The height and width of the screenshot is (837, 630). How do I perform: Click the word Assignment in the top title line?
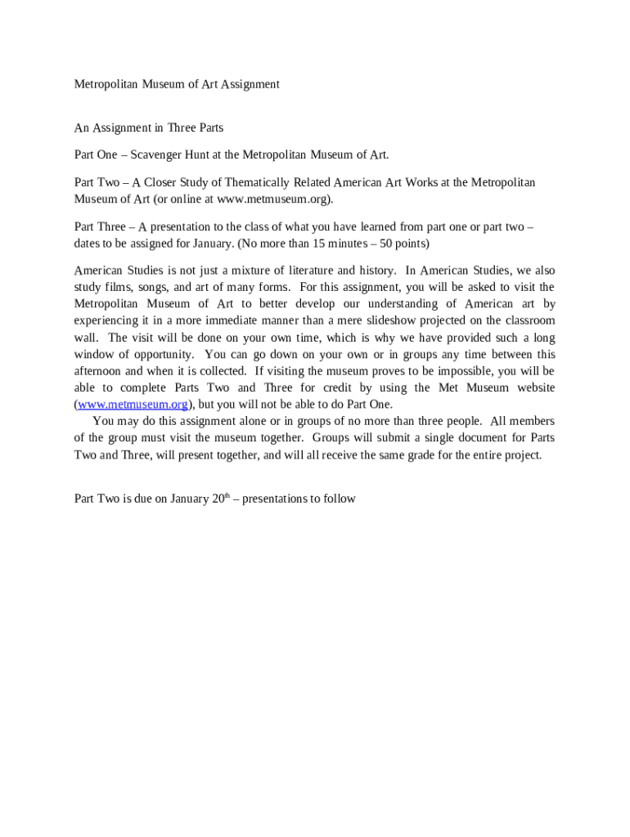(x=249, y=84)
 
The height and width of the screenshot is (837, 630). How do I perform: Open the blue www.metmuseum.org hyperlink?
(x=133, y=405)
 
